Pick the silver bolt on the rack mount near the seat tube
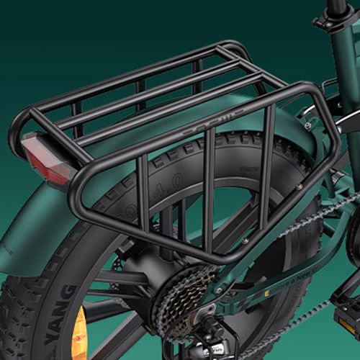(x=307, y=125)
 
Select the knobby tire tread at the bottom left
(x=18, y=317)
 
